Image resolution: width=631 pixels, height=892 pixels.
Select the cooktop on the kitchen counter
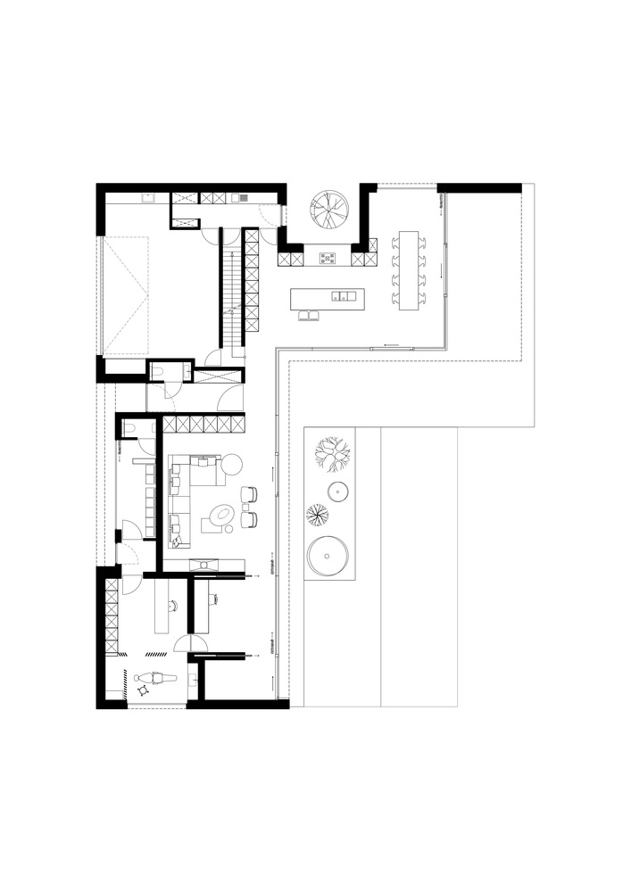pyautogui.click(x=328, y=260)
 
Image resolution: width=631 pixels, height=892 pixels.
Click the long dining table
pyautogui.click(x=409, y=270)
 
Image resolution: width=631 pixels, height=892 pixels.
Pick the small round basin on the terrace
pyautogui.click(x=338, y=491)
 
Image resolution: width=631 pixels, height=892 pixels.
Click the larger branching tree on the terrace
pyautogui.click(x=333, y=453)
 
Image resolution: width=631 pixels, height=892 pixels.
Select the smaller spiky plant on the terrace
pyautogui.click(x=318, y=514)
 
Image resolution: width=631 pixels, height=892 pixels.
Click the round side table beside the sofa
pyautogui.click(x=230, y=463)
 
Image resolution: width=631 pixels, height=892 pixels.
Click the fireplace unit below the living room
pyautogui.click(x=207, y=563)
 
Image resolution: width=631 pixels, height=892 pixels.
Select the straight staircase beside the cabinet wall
pyautogui.click(x=231, y=290)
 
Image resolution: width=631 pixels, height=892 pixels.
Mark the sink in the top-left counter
pyautogui.click(x=150, y=198)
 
